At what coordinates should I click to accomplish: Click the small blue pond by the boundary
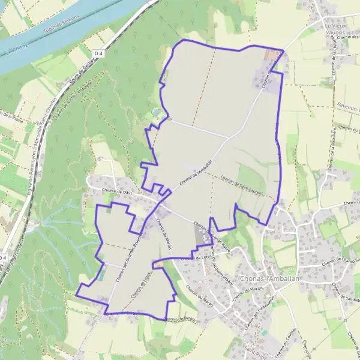[x=156, y=112]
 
